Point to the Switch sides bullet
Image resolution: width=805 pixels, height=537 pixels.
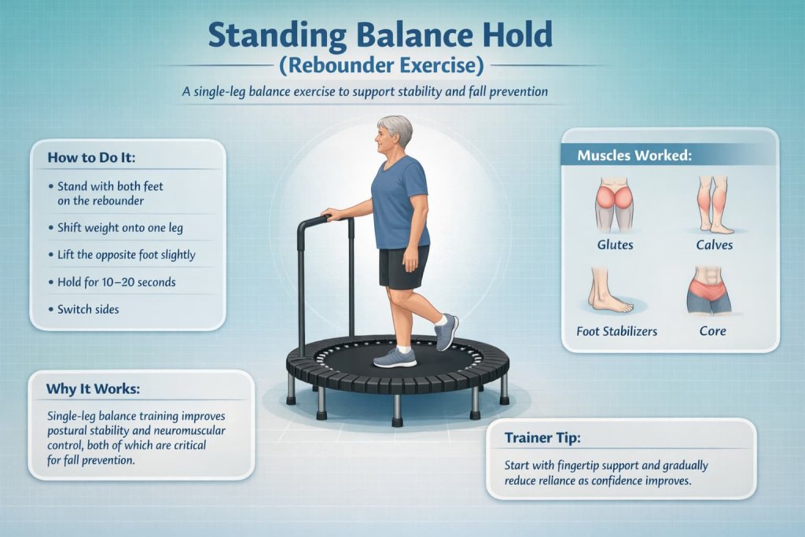click(x=88, y=309)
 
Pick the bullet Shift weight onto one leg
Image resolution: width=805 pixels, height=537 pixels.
click(x=120, y=228)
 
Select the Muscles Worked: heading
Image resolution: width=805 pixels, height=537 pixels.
click(x=634, y=155)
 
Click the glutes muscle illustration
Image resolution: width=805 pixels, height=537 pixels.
click(x=615, y=203)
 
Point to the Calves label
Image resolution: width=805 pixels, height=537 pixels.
click(x=715, y=245)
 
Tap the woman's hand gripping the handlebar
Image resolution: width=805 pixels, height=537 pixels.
click(x=330, y=213)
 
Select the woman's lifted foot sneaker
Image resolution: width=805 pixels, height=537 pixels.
click(x=446, y=332)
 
